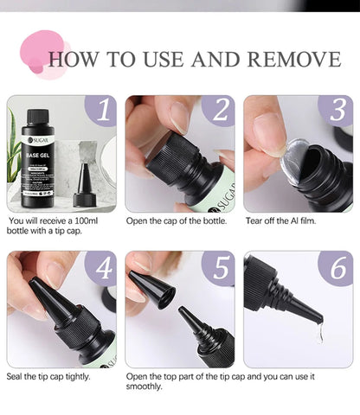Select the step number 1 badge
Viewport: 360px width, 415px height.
[x=101, y=112]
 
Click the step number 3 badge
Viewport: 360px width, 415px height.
[x=334, y=112]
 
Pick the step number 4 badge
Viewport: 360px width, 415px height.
[x=101, y=270]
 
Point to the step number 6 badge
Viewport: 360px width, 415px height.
[x=334, y=270]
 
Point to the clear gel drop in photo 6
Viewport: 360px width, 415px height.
[x=320, y=333]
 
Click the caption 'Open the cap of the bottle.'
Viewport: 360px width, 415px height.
[x=176, y=221]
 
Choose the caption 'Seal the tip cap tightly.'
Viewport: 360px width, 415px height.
[x=52, y=375]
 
